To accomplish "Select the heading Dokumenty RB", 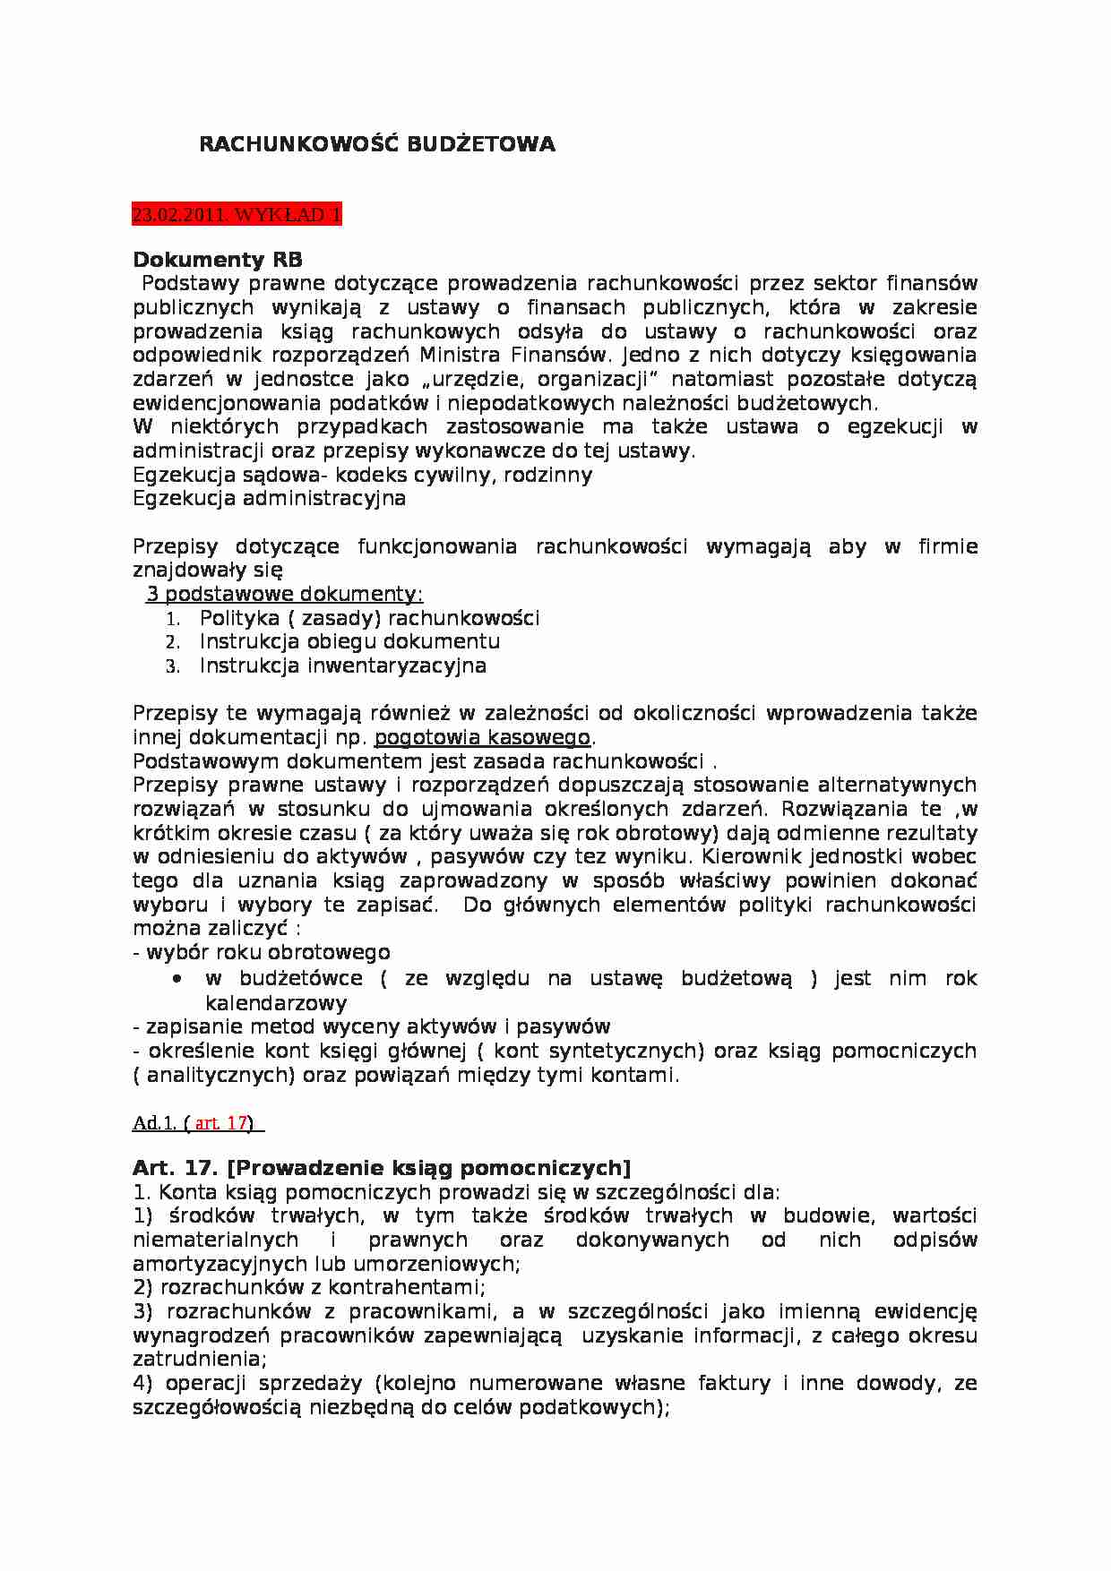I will coord(218,260).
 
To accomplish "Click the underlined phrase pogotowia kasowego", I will coord(483,737).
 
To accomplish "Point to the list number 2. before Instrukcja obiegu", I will coord(173,642).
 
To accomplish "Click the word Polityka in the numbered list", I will coord(234,618).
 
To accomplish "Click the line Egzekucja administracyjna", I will coord(269,498).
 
